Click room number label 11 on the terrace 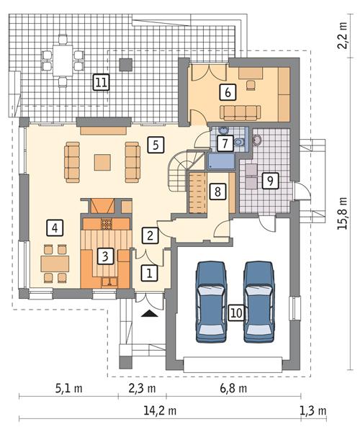101,83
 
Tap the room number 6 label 228,91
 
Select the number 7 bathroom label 225,143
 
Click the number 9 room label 268,180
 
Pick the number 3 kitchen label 105,255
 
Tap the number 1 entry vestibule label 149,273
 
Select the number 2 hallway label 149,234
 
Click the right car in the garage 259,300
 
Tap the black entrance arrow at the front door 149,313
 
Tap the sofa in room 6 241,112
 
